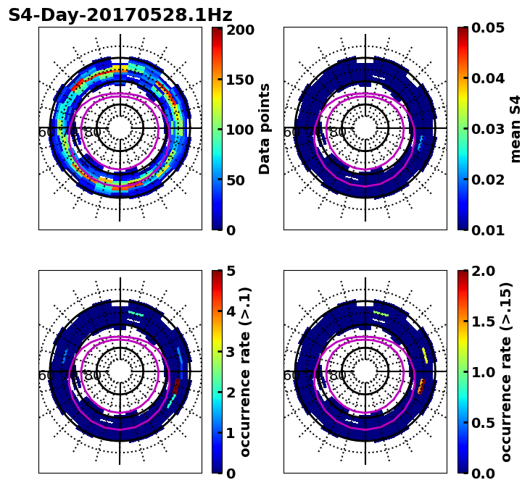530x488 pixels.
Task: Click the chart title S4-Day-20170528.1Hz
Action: point(120,15)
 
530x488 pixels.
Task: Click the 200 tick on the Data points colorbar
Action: point(240,30)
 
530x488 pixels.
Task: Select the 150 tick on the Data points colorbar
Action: point(240,80)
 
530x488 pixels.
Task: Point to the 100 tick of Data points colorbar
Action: point(240,130)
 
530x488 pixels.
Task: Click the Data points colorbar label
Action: point(265,129)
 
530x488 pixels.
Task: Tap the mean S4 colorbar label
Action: point(515,129)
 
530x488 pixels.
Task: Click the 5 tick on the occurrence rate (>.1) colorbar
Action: point(231,272)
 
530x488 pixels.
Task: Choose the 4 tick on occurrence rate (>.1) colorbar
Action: point(231,312)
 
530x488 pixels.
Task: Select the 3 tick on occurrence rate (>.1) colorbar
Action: point(231,353)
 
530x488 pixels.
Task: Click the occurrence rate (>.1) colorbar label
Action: point(246,371)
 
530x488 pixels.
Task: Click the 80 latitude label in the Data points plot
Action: point(93,132)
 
